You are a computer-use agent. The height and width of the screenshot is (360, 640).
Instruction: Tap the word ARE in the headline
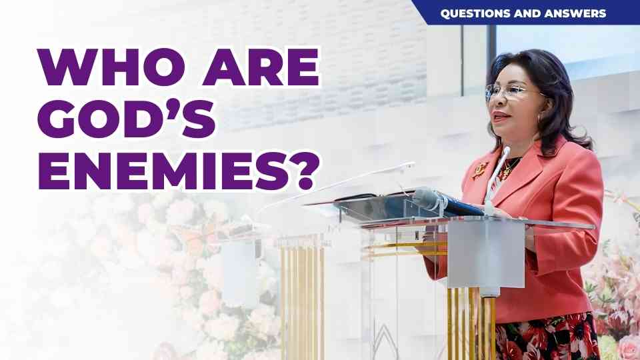tap(261, 67)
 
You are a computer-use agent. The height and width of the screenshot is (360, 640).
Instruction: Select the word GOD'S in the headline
tap(127, 119)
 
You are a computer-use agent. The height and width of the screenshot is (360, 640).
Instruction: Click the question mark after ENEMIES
tap(306, 171)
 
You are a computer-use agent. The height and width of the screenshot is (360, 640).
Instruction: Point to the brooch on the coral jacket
tap(480, 169)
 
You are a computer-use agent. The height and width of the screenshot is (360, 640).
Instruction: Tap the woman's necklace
tap(508, 168)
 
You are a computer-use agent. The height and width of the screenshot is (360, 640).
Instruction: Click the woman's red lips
tap(501, 117)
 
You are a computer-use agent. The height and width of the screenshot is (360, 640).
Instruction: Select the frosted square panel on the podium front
tap(486, 254)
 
